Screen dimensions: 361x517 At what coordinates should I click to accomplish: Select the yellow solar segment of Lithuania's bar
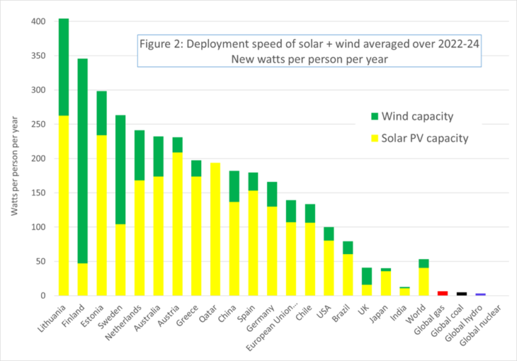(64, 235)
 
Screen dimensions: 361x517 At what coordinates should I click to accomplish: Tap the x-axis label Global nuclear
(486, 323)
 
